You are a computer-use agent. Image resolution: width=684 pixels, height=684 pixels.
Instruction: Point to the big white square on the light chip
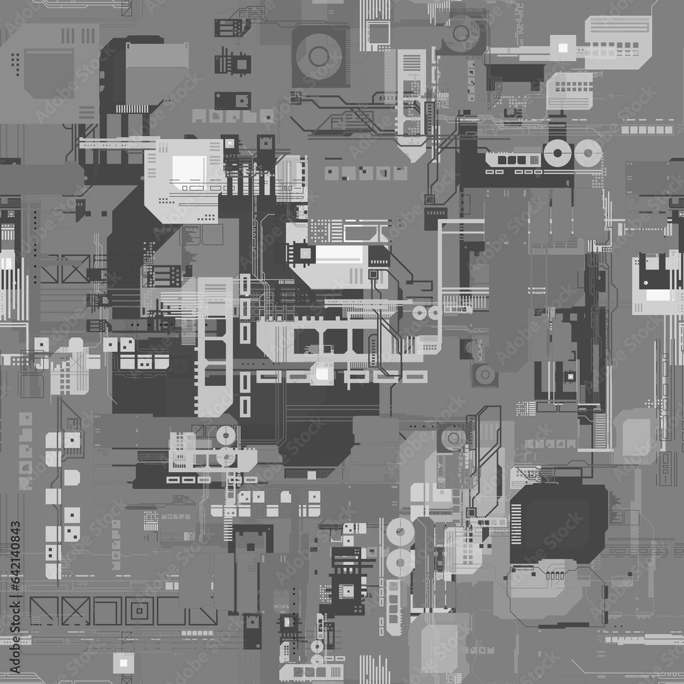(x=189, y=168)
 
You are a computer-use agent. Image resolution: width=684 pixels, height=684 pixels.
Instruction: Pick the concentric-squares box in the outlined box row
(x=140, y=610)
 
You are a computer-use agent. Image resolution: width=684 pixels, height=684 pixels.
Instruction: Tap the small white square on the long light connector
(x=563, y=47)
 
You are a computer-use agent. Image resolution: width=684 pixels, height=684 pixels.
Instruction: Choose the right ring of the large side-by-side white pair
(x=587, y=154)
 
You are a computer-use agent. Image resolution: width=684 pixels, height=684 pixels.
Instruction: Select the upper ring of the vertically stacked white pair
(x=399, y=531)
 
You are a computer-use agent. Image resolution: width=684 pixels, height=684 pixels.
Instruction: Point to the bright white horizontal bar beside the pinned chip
(x=339, y=255)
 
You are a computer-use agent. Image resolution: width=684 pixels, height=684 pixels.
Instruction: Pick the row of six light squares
(x=646, y=129)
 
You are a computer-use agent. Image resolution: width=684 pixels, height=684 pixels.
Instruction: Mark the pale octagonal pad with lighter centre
(x=636, y=436)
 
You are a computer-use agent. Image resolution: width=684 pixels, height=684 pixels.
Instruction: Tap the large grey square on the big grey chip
(x=49, y=73)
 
